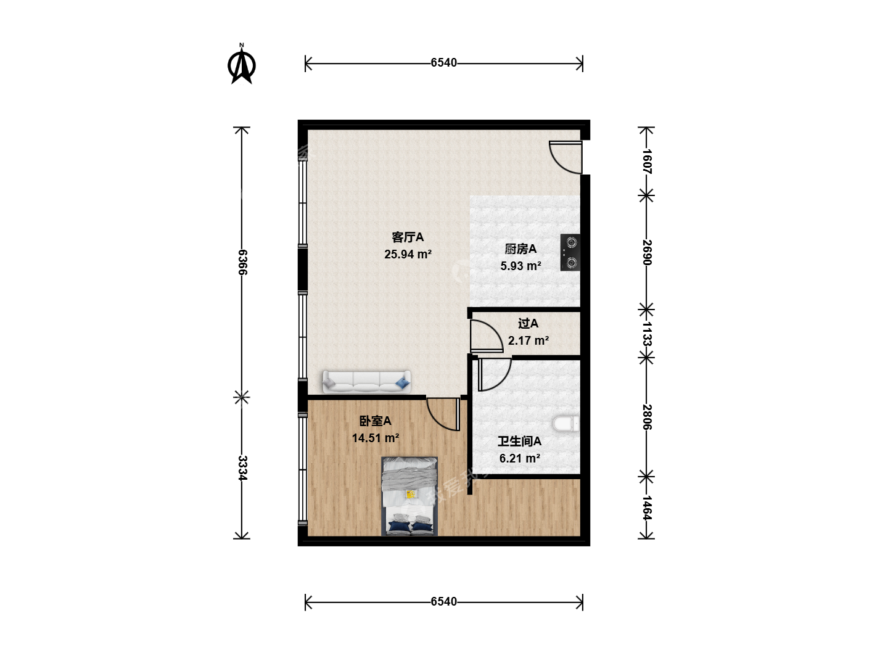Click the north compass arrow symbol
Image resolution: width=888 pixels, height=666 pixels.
(x=242, y=64)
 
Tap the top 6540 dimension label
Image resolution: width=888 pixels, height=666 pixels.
(x=443, y=63)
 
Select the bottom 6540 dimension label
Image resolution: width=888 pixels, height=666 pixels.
(x=443, y=602)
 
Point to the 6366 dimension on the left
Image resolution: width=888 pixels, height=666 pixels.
(x=242, y=262)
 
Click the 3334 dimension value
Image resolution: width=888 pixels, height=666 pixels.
(x=242, y=468)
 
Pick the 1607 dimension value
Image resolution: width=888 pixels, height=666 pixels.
(x=646, y=162)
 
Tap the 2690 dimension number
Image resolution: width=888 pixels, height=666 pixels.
(x=646, y=252)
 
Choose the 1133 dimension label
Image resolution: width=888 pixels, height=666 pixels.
(x=646, y=334)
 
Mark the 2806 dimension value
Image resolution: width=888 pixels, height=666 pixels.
(x=646, y=417)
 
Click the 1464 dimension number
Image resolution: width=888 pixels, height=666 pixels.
(x=646, y=508)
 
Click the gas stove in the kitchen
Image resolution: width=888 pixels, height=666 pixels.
(x=570, y=252)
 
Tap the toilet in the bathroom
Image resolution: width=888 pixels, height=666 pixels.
(x=566, y=424)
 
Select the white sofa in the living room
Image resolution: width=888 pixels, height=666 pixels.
(x=366, y=382)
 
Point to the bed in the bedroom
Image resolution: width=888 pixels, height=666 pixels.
(x=409, y=496)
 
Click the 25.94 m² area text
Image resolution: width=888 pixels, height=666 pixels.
(x=408, y=254)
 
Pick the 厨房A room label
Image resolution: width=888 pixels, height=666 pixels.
(x=520, y=249)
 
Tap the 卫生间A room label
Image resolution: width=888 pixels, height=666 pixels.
(x=519, y=441)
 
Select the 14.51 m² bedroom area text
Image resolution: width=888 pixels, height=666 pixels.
(x=376, y=438)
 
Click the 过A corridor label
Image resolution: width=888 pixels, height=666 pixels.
(x=528, y=324)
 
